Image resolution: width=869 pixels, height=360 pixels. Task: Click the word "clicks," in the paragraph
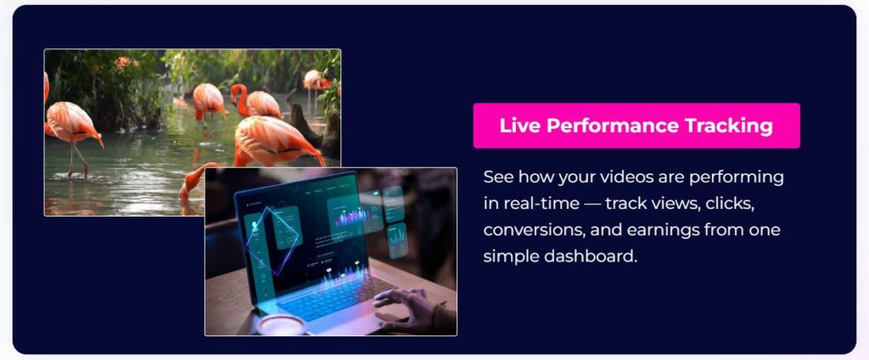(726, 204)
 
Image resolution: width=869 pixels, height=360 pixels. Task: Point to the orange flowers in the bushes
(126, 62)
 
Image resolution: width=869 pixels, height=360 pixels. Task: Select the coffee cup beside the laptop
(280, 325)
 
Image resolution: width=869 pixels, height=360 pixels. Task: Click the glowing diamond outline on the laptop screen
(272, 239)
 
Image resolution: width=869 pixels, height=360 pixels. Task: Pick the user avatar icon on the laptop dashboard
(256, 227)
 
